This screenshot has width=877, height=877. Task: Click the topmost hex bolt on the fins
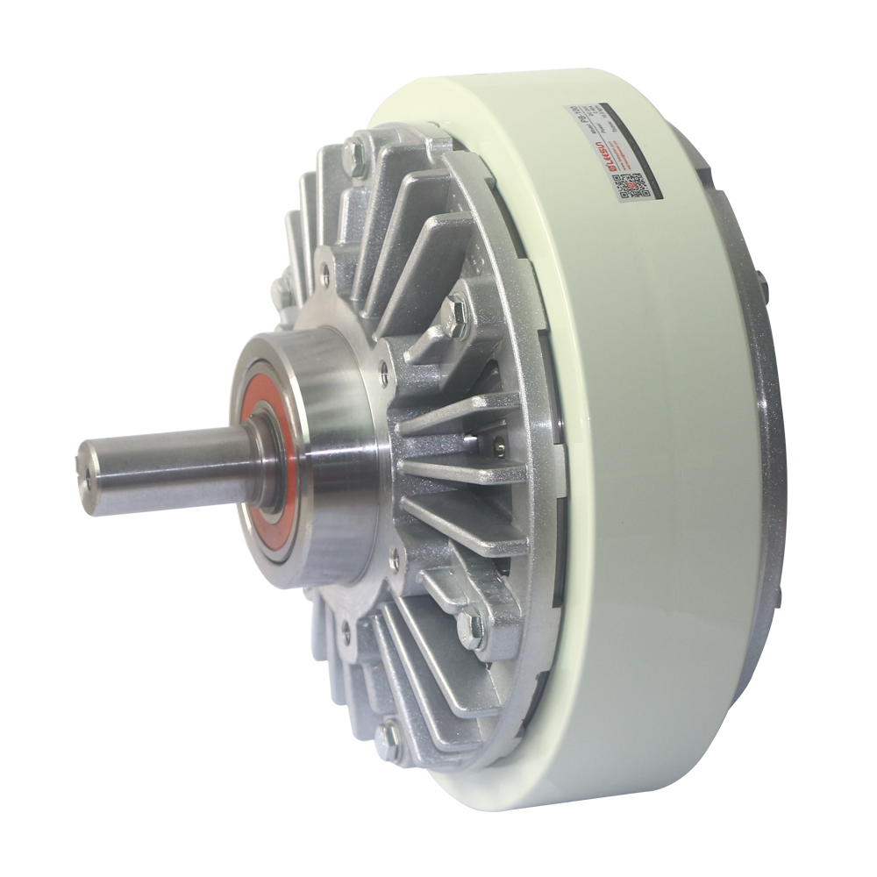point(355,154)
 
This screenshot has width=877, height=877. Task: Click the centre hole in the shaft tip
point(89,478)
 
